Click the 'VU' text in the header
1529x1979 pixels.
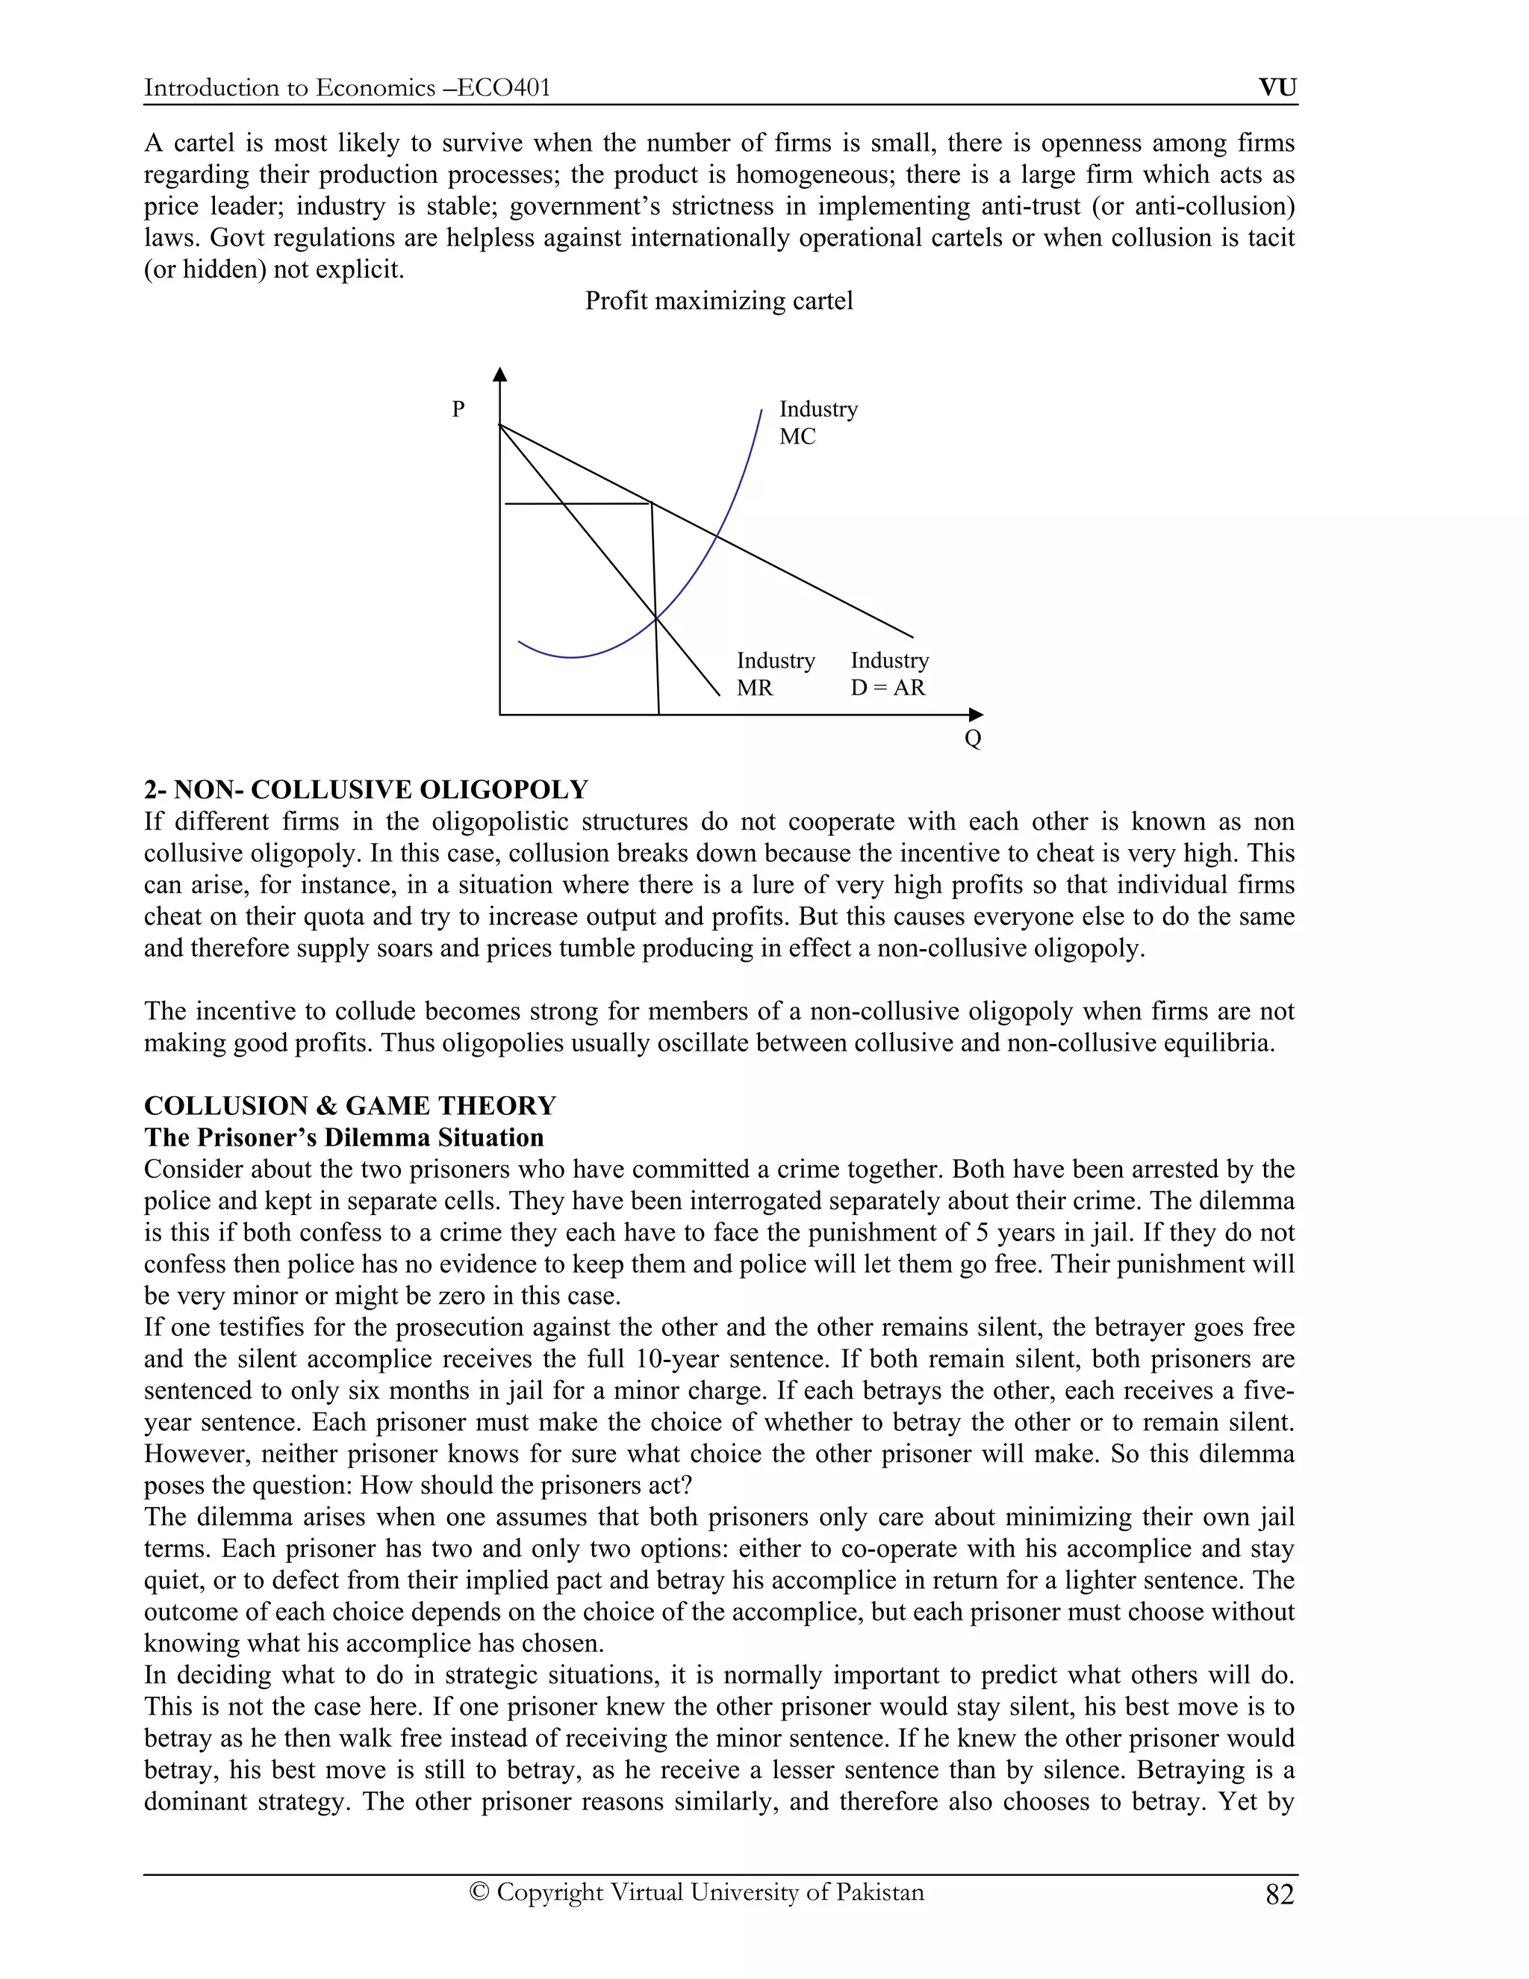point(1277,88)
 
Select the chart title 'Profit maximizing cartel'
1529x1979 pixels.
point(718,301)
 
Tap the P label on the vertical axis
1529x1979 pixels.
point(458,409)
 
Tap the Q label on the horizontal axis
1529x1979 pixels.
point(973,739)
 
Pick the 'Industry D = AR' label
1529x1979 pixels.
point(888,674)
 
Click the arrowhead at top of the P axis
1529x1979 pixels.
point(500,373)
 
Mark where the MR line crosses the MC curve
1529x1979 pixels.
point(655,619)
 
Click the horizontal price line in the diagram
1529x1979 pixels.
point(577,503)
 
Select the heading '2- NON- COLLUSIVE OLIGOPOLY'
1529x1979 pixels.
point(366,789)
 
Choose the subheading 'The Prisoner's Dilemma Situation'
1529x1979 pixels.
point(343,1137)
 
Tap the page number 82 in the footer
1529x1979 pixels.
point(1279,1895)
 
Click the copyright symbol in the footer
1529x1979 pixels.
point(479,1892)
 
